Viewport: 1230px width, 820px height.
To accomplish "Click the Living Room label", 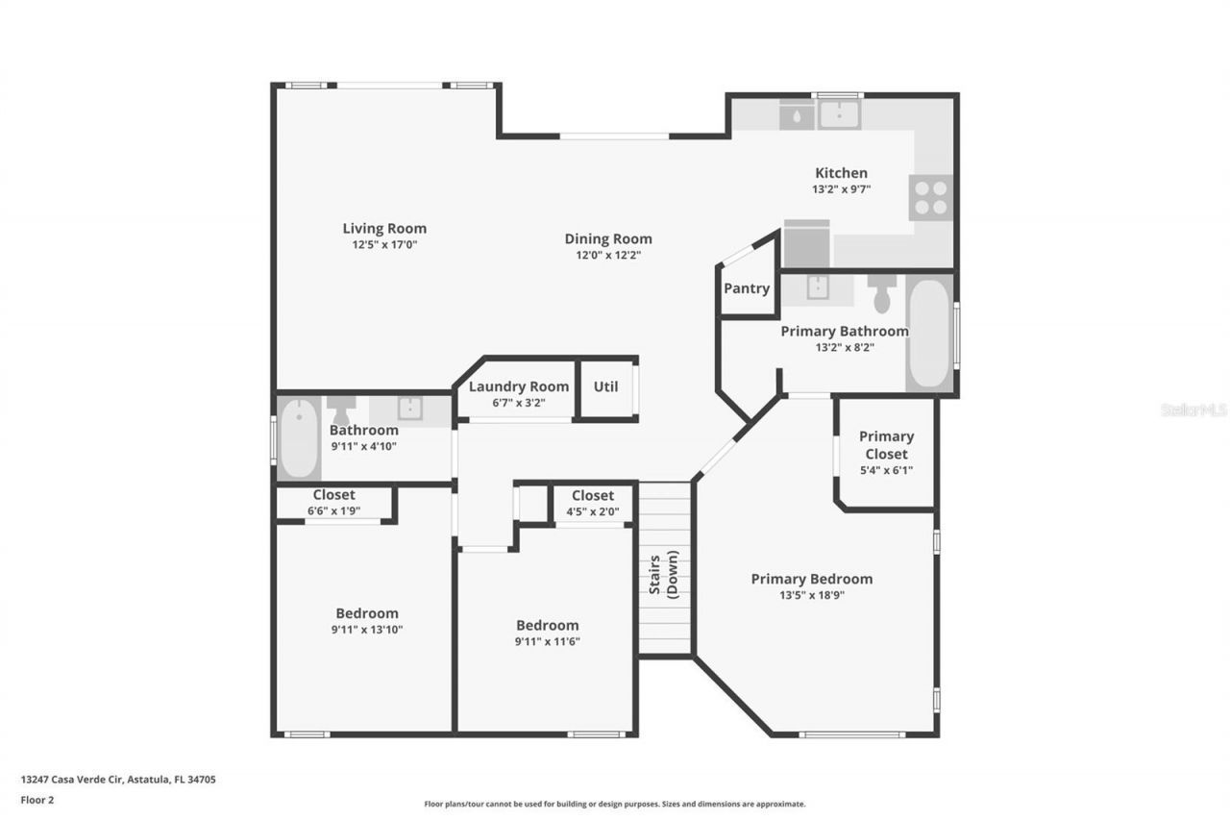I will [384, 229].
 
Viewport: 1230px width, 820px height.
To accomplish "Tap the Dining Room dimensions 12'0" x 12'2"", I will [607, 256].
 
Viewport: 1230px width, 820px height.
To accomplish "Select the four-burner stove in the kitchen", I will [930, 197].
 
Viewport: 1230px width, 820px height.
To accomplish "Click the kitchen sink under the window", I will [838, 115].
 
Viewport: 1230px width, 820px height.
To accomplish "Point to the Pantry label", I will [747, 288].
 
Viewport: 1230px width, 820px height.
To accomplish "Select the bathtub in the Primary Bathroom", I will [929, 334].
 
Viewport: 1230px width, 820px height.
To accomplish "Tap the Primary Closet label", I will [886, 445].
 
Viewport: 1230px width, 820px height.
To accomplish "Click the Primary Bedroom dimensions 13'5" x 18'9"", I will [811, 595].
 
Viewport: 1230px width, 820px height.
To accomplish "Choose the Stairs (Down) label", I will [664, 576].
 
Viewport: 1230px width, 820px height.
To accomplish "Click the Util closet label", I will [605, 386].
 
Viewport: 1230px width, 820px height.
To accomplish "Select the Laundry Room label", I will [518, 386].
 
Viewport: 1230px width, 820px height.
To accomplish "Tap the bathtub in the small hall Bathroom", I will [299, 439].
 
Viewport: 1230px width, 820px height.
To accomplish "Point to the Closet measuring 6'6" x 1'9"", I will [333, 503].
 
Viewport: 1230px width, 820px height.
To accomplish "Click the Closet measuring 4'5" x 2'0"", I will [593, 503].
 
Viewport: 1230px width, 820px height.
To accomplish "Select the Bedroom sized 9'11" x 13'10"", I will [367, 621].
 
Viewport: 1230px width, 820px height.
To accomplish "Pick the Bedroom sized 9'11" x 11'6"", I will [547, 633].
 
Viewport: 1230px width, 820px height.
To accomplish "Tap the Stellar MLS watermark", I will [1193, 410].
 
